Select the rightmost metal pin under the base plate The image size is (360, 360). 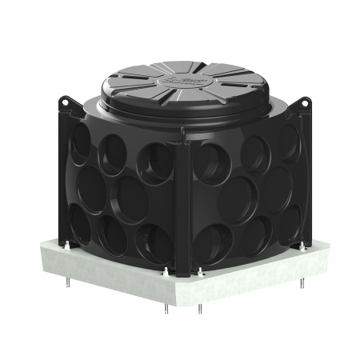(302, 284)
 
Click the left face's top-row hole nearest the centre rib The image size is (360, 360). (154, 163)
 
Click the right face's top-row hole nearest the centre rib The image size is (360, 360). (214, 163)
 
